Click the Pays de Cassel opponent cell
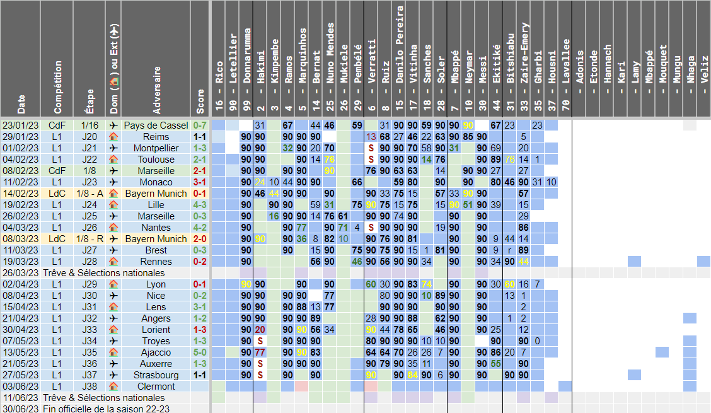[156, 125]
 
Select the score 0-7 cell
[200, 125]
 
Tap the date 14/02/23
[21, 194]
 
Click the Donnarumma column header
[246, 63]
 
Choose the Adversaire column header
[156, 88]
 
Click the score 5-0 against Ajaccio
[200, 352]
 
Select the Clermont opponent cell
[156, 387]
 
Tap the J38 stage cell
[90, 387]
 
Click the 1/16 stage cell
[90, 125]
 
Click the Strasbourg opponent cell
[156, 375]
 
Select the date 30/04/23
[21, 330]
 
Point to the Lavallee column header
[565, 63]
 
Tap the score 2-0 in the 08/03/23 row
[200, 239]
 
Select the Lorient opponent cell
[156, 330]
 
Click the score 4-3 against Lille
[200, 205]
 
